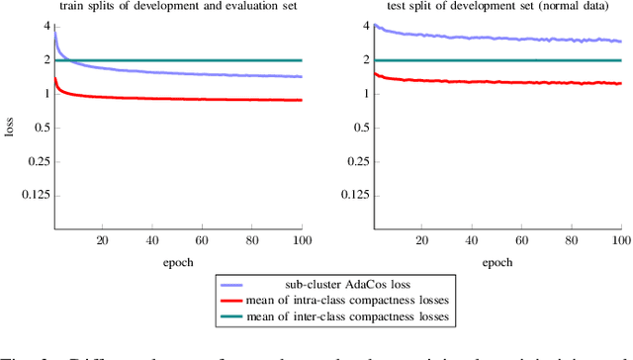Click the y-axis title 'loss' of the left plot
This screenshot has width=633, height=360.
click(10, 129)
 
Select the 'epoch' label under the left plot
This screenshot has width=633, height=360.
click(178, 263)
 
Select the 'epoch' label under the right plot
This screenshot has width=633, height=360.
click(497, 263)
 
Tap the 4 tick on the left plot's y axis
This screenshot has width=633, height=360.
click(43, 26)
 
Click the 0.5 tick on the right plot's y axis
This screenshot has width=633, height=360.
click(358, 128)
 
